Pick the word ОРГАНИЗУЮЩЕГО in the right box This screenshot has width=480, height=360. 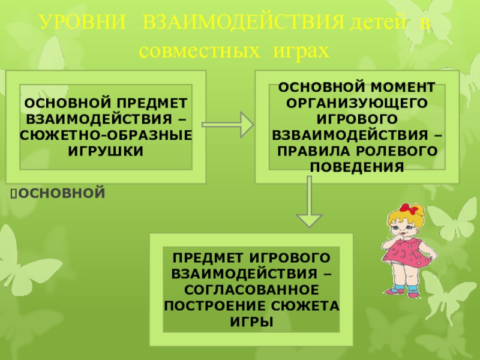point(358,101)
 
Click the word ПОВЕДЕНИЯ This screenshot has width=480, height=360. point(358,165)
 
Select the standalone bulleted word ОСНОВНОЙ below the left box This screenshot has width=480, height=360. point(62,193)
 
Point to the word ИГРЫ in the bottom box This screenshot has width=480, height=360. point(251,322)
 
